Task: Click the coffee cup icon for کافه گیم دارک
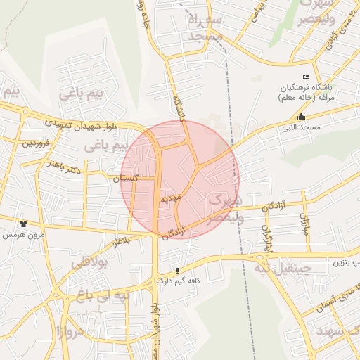[x=178, y=270]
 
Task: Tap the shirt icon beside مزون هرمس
[x=23, y=223]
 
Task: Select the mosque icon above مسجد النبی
[x=302, y=117]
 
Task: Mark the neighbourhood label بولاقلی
[x=88, y=264]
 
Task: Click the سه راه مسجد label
[x=205, y=27]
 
